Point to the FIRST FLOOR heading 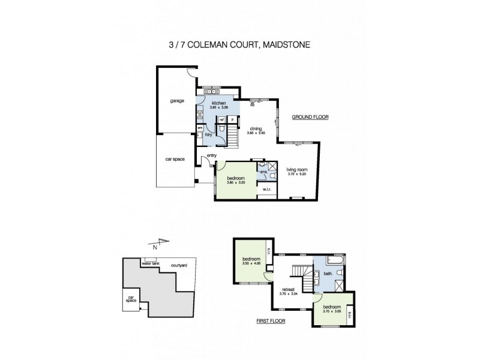pyautogui.click(x=271, y=322)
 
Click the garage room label pyautogui.click(x=176, y=101)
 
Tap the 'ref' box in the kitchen pyautogui.click(x=221, y=119)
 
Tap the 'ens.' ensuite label pyautogui.click(x=263, y=172)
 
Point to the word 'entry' pyautogui.click(x=211, y=156)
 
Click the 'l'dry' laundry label pyautogui.click(x=209, y=134)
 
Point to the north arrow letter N pyautogui.click(x=155, y=247)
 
